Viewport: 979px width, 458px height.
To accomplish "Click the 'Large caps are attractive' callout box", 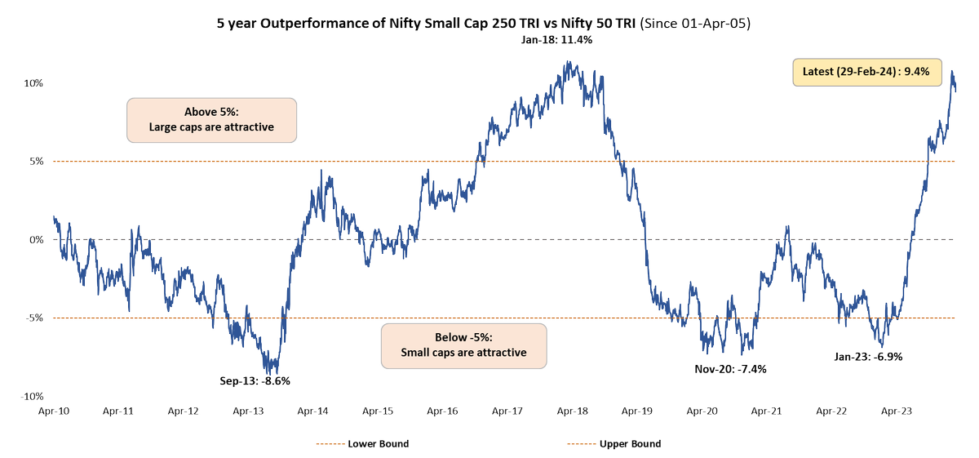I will (x=211, y=120).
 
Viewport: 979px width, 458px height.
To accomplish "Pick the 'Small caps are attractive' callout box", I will (x=463, y=345).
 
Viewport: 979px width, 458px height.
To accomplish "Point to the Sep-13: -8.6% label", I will (x=255, y=380).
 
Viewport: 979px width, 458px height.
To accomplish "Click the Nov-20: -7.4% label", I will (x=730, y=368).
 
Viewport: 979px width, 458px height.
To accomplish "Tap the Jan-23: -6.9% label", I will (x=867, y=357).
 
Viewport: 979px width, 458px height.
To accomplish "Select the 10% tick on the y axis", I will (x=32, y=83).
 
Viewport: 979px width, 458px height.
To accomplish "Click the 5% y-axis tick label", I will (x=34, y=162).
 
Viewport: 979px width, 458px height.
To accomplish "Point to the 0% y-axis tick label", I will (x=34, y=240).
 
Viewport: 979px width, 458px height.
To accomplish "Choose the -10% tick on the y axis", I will (x=30, y=396).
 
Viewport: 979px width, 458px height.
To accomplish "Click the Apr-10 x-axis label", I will (x=53, y=412).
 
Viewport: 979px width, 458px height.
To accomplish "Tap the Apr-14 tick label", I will (x=313, y=412).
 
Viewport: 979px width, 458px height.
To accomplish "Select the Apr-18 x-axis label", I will (x=573, y=412).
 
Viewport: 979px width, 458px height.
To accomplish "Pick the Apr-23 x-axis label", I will (x=897, y=412).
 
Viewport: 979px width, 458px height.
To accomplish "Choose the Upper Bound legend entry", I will (x=613, y=444).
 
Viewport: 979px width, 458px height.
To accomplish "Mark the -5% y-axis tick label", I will (x=32, y=318).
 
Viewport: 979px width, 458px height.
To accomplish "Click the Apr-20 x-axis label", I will (x=702, y=412).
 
